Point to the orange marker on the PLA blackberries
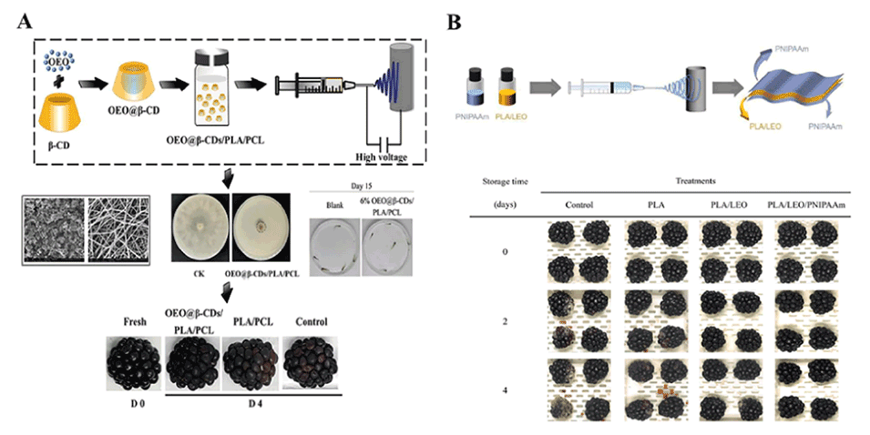click(669, 390)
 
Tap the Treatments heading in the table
click(696, 181)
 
